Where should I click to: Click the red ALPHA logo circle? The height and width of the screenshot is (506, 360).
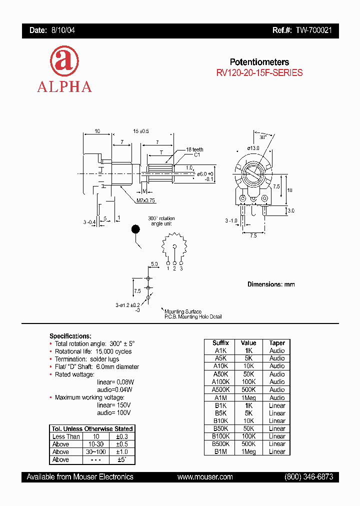tap(64, 62)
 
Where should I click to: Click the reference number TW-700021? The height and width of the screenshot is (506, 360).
tap(313, 30)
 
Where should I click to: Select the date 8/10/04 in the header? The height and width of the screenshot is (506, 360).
tap(63, 30)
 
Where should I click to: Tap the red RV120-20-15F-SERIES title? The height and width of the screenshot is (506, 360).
tap(259, 72)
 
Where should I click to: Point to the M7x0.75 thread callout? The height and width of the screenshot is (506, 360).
tap(146, 200)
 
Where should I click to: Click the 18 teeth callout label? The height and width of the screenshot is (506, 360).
tap(195, 149)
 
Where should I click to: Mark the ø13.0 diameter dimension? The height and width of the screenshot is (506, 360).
tap(254, 148)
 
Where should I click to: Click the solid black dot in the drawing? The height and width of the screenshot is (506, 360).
tap(135, 229)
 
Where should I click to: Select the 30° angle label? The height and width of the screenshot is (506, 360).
tap(263, 136)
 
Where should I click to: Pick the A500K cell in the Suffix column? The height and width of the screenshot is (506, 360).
tap(220, 389)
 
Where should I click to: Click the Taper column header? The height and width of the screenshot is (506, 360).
tap(277, 343)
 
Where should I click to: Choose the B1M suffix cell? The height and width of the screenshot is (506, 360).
tap(220, 451)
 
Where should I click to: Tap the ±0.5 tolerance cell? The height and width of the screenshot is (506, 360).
tap(121, 444)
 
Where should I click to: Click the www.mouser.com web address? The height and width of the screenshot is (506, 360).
tap(205, 477)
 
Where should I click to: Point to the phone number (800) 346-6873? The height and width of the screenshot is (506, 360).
tap(308, 477)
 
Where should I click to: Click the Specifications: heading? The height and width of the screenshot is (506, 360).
tap(70, 336)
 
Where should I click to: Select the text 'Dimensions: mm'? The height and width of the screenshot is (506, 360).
tap(271, 284)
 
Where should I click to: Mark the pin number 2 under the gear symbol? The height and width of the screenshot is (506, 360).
tap(174, 269)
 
